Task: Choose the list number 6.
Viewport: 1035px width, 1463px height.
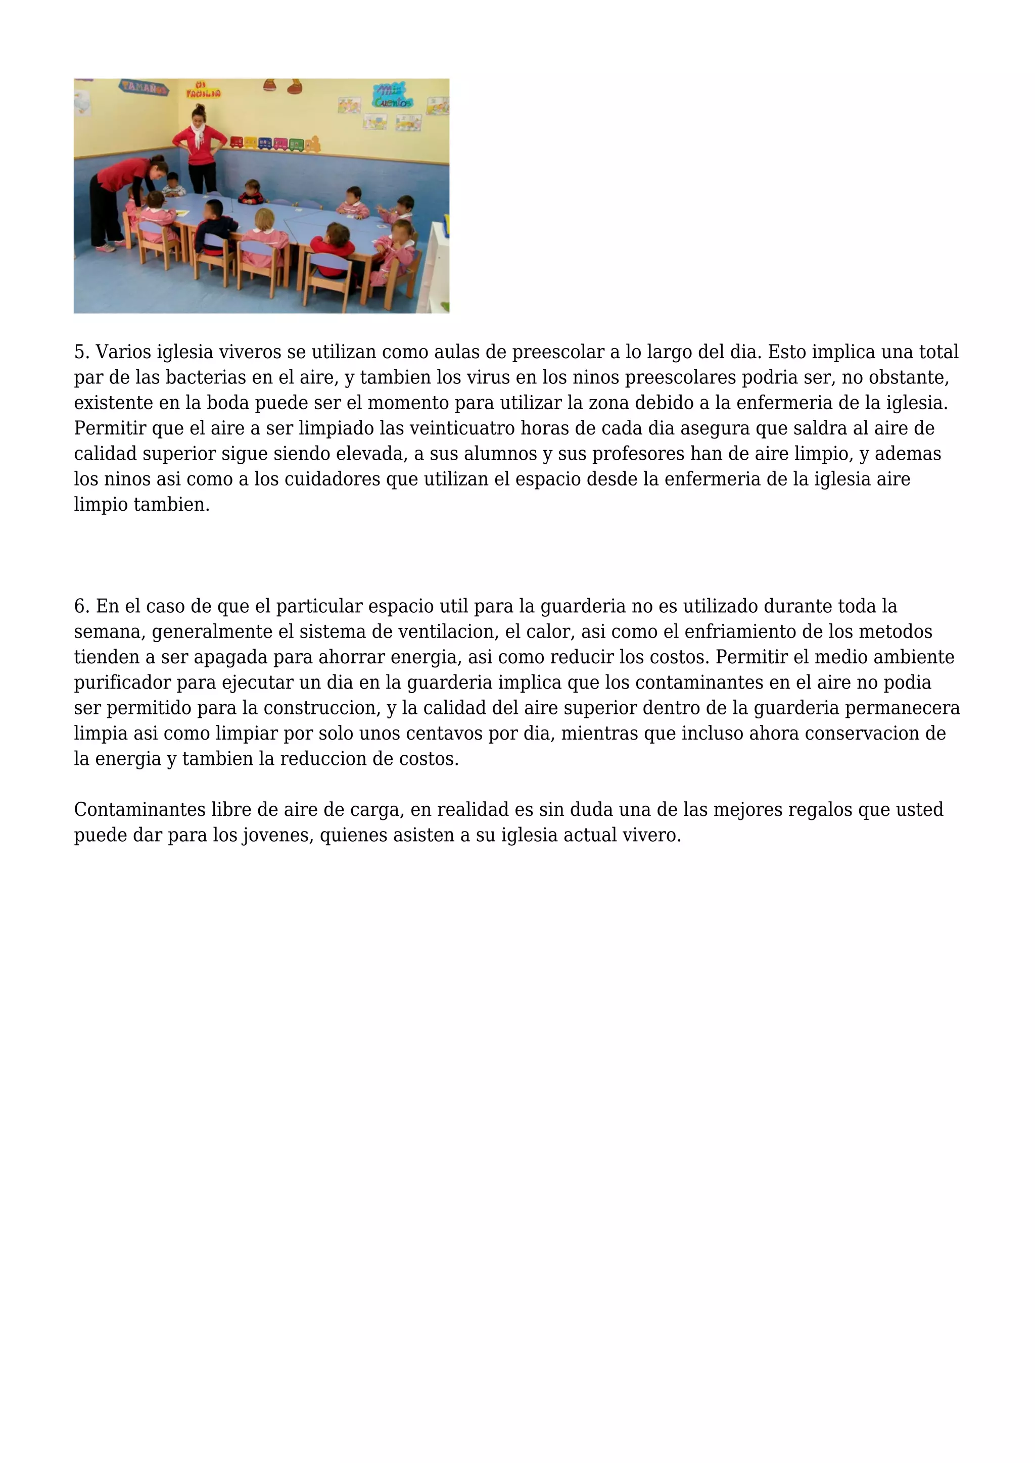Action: [81, 606]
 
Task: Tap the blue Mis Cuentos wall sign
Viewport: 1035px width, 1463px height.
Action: [392, 95]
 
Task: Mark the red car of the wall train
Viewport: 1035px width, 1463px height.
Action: [237, 141]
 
